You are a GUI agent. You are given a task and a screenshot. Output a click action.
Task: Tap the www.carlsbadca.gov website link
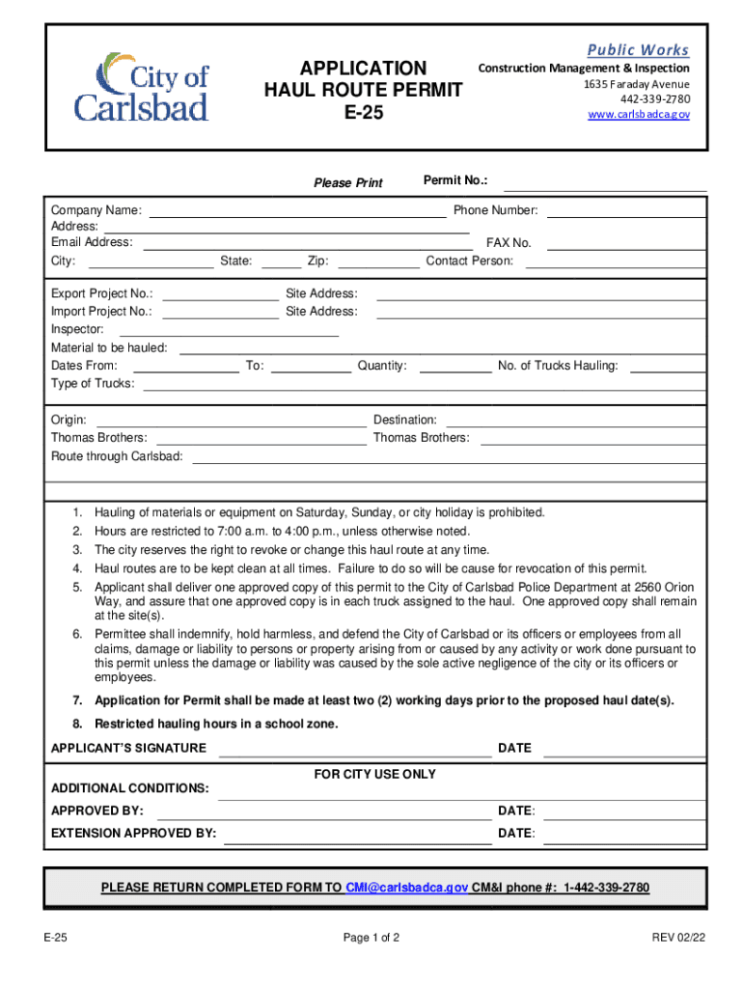tap(639, 115)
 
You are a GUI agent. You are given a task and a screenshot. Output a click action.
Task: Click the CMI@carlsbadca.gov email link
tap(407, 888)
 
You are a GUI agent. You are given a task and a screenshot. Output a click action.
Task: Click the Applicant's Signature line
tap(355, 750)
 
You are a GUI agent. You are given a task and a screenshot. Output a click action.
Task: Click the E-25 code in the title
tap(363, 114)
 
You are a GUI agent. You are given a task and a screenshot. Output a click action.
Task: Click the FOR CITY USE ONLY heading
tap(375, 775)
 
